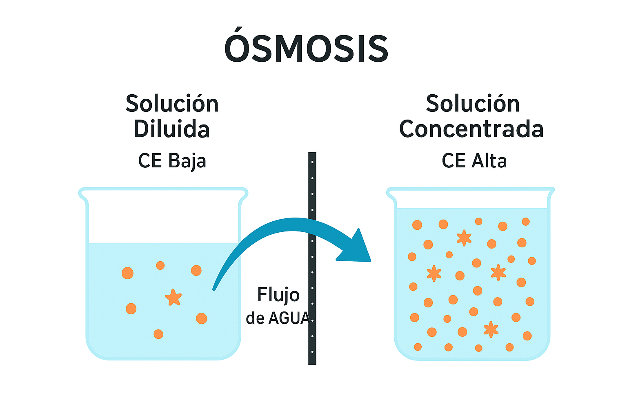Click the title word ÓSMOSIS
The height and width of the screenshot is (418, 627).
pos(306,48)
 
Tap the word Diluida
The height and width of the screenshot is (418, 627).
pos(171,129)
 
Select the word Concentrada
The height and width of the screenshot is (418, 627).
pos(471,129)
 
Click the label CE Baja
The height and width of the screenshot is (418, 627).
pos(172,161)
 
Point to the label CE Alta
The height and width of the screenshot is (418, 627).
pos(474,161)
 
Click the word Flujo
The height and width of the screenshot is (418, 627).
pos(278,295)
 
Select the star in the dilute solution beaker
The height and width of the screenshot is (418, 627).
pos(173,298)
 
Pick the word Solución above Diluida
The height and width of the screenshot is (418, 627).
pos(172,104)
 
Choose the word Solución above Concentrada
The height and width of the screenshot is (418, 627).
pos(473,104)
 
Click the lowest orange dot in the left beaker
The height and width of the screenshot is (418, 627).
pos(158,334)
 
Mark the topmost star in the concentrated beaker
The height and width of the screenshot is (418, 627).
pos(464,238)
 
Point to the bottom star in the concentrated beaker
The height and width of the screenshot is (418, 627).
pos(491,329)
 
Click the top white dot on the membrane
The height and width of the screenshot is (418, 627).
pos(312,162)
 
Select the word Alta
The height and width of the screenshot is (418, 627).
pos(489,161)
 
